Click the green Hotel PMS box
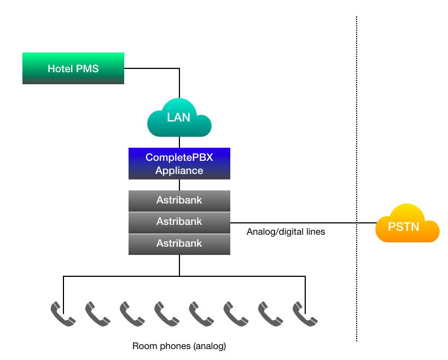coord(73,68)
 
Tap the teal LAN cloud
coord(179,118)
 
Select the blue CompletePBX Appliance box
coord(179,164)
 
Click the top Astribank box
coord(179,200)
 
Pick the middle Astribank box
coord(179,222)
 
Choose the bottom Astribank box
coord(179,243)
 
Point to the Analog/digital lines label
coord(286,232)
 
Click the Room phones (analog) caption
coord(179,346)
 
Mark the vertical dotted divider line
coord(357,164)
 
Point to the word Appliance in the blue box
coord(179,170)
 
